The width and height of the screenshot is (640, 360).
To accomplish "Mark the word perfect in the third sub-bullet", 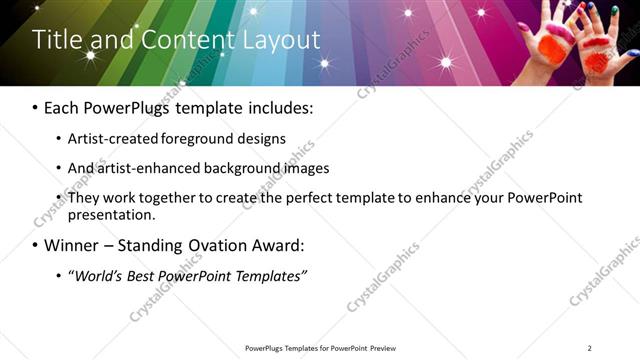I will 317,198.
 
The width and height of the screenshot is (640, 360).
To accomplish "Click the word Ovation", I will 220,245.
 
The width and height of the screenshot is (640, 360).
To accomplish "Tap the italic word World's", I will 96,275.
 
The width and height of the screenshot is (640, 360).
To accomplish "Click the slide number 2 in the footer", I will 589,348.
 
